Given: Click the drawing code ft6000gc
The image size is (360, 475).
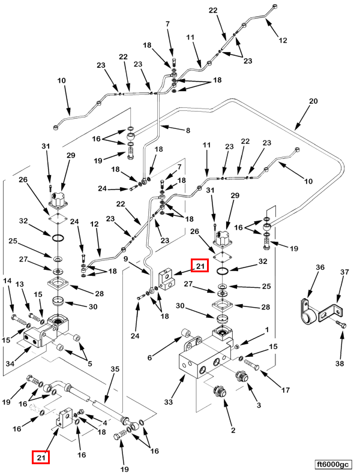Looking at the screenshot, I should click(334, 464).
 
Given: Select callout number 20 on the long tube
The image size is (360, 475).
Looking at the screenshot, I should click(313, 101).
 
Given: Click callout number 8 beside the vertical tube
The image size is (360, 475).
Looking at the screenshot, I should click(187, 130).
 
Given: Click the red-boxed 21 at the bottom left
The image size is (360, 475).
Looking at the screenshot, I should click(41, 458).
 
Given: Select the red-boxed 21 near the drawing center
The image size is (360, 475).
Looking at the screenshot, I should click(199, 265).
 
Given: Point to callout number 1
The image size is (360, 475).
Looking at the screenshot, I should click(267, 330).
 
